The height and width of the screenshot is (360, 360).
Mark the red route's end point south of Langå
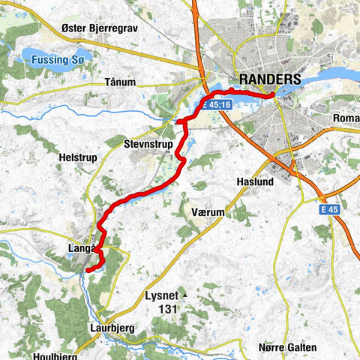click(87, 268)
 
